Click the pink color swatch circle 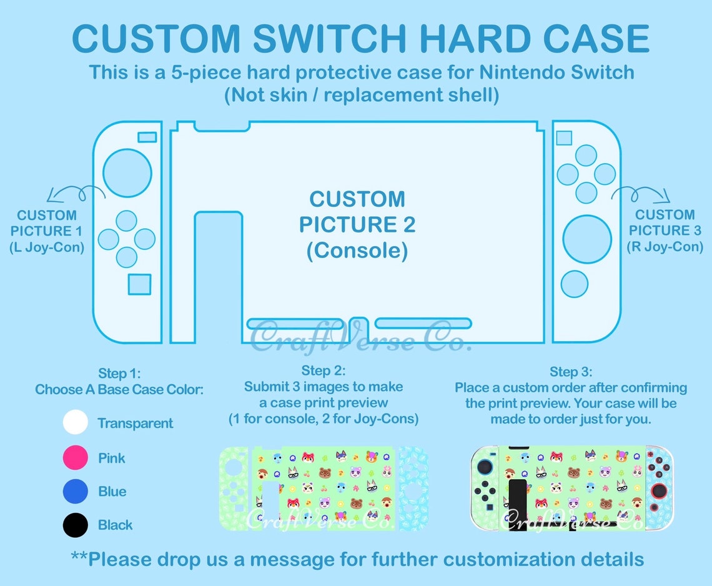coord(76,458)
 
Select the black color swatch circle coord(76,525)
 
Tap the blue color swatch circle coord(76,491)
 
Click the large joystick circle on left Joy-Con coord(127,172)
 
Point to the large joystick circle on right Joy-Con coord(587,239)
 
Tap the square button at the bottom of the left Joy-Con coord(139,284)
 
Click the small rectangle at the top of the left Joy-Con coord(147,137)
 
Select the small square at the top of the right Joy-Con coord(564,138)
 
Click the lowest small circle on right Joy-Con coord(575,284)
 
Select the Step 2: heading coord(324,371)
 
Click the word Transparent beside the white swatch coord(135,424)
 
